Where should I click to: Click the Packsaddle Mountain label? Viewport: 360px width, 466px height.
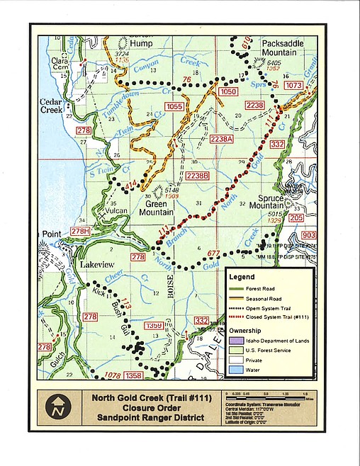pos(285,47)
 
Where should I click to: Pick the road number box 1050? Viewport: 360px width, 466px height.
pos(227,92)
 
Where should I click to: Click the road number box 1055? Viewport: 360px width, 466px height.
pos(174,106)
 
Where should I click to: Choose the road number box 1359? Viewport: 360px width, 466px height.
pos(154,326)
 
